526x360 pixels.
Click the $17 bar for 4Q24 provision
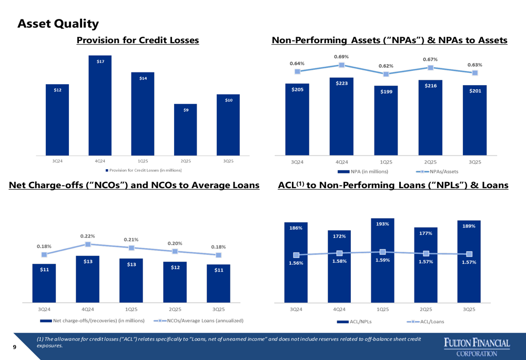pyautogui.click(x=100, y=105)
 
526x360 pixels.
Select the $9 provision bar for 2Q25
pyautogui.click(x=186, y=129)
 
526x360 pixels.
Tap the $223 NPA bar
pyautogui.click(x=341, y=116)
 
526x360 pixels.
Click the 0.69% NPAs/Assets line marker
pyautogui.click(x=342, y=65)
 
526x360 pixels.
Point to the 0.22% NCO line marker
pyautogui.click(x=88, y=244)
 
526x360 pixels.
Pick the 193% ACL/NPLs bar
pyautogui.click(x=382, y=261)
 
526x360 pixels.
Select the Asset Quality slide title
pyautogui.click(x=58, y=24)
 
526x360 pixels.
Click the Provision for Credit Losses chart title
pyautogui.click(x=138, y=40)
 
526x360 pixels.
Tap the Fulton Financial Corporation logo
pyautogui.click(x=477, y=347)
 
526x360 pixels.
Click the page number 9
pyautogui.click(x=15, y=347)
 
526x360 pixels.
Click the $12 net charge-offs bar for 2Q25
pyautogui.click(x=175, y=282)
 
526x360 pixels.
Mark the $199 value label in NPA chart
pyautogui.click(x=386, y=91)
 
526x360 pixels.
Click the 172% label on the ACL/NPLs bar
pyautogui.click(x=339, y=236)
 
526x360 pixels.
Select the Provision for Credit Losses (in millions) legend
pyautogui.click(x=144, y=170)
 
